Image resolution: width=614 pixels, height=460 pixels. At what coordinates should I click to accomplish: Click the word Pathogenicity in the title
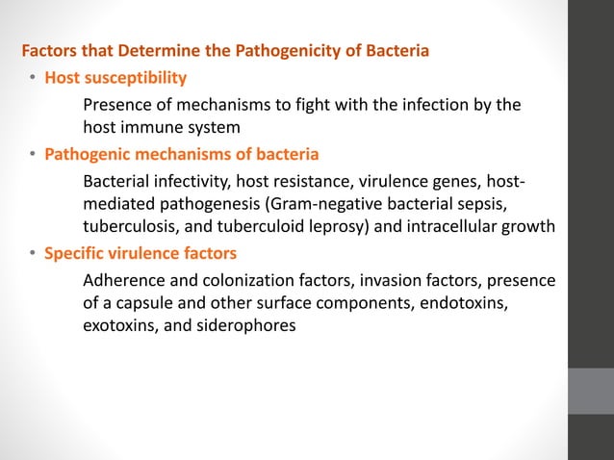[x=315, y=50]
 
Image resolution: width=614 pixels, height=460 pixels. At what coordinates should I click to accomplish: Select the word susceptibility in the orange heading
[x=135, y=77]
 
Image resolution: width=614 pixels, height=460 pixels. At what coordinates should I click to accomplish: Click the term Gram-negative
[x=300, y=205]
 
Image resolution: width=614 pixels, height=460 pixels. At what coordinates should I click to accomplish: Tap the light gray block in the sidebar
[x=590, y=391]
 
